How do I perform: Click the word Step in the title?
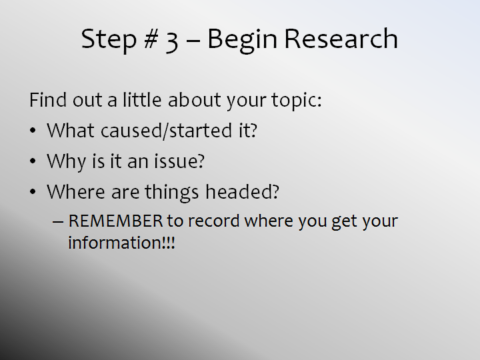point(109,40)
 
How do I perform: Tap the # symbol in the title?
point(151,39)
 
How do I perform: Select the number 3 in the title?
point(172,41)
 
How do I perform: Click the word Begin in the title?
point(242,41)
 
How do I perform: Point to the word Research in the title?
point(341,39)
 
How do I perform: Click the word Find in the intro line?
point(48,99)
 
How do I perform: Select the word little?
point(142,99)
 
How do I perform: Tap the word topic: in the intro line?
point(297,101)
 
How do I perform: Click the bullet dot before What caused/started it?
point(33,131)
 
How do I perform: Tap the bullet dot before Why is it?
point(33,161)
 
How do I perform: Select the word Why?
point(66,161)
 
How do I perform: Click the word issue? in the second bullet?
point(179,161)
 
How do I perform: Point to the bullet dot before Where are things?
point(33,192)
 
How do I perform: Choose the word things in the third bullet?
point(172,193)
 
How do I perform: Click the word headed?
point(242,191)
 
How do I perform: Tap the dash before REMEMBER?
point(58,221)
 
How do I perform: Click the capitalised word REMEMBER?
point(116,221)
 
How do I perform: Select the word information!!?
point(121,243)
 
